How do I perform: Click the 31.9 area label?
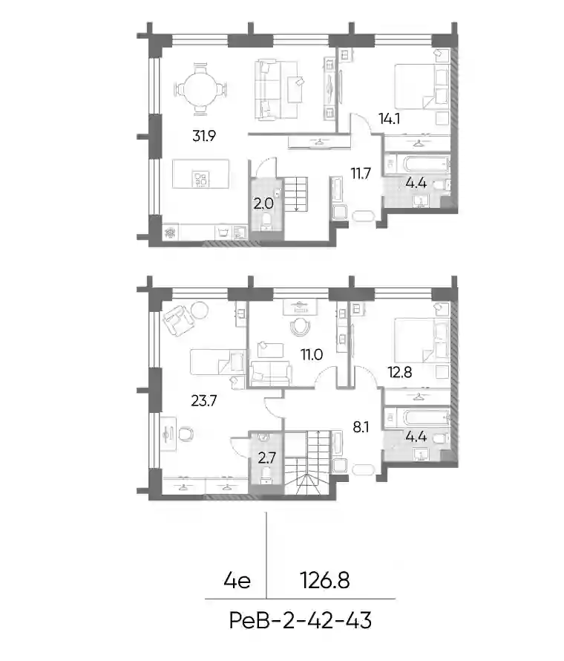pos(204,136)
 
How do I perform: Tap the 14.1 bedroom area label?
pos(389,119)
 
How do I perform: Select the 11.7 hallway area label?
pos(361,173)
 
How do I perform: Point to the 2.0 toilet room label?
pos(263,204)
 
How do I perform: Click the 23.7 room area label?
pos(204,400)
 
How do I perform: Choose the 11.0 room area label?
pos(312,355)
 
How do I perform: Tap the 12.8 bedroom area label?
pos(400,372)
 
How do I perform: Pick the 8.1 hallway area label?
pos(361,428)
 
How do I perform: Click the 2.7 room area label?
pos(266,458)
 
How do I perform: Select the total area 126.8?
pos(325,581)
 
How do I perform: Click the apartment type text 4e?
pos(237,581)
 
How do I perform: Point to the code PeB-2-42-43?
pos(301,621)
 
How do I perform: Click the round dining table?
pos(200,89)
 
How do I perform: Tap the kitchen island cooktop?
pos(201,179)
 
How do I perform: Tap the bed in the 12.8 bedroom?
pos(422,340)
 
